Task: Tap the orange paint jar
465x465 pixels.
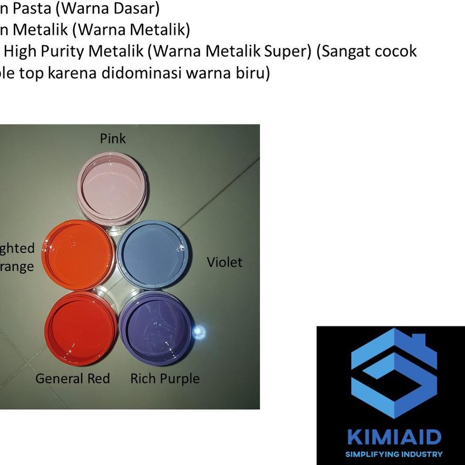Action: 79,256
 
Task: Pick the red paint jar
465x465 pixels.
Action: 81,328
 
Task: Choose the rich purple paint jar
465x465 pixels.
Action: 155,327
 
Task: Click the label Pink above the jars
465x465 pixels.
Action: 113,138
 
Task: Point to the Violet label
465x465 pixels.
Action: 225,262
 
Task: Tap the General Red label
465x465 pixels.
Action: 73,379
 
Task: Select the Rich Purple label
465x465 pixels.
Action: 165,379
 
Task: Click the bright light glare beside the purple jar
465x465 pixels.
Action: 199,331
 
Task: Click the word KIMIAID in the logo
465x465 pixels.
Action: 394,437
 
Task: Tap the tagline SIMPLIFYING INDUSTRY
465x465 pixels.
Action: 394,454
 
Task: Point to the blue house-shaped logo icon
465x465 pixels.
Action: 394,372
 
